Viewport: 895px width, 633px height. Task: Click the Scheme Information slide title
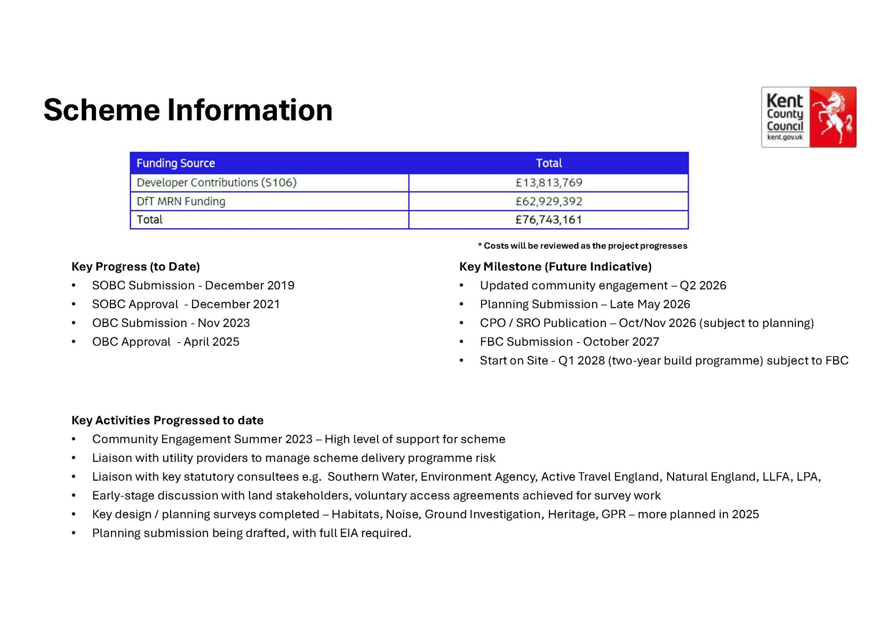click(x=188, y=110)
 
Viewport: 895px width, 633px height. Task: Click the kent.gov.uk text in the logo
click(x=785, y=137)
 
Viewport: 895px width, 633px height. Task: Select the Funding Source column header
click(x=176, y=163)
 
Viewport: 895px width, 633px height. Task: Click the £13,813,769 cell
click(x=549, y=183)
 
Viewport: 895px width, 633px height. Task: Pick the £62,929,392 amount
click(x=549, y=201)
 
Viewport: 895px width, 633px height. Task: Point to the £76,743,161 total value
click(x=549, y=220)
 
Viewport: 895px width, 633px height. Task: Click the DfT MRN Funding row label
click(x=181, y=201)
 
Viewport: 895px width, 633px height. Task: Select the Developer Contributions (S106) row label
click(x=216, y=183)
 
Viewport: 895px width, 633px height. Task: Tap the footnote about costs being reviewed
click(x=583, y=246)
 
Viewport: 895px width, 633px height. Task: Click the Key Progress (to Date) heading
click(x=136, y=267)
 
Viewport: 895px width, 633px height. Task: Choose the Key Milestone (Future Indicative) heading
click(x=555, y=267)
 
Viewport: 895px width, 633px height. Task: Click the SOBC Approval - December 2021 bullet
click(x=186, y=304)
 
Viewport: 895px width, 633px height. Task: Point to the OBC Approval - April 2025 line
click(x=165, y=342)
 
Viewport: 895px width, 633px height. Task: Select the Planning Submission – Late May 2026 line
click(x=585, y=304)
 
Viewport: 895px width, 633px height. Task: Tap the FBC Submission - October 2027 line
click(x=569, y=342)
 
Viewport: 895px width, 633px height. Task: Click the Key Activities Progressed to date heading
click(x=167, y=420)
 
